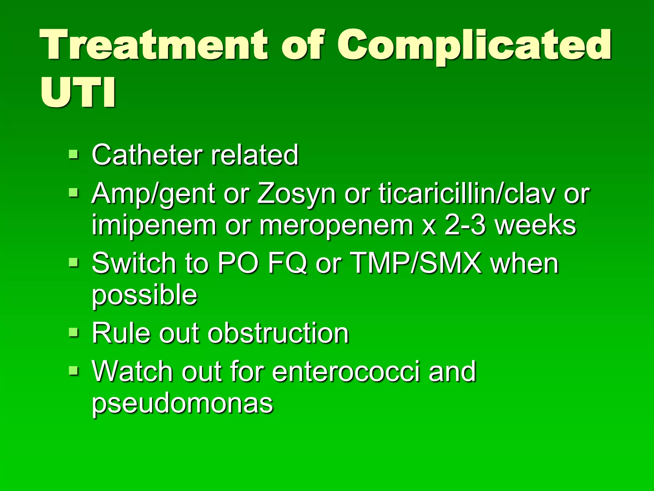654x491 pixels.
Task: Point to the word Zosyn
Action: [296, 194]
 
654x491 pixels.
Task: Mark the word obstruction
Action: [278, 333]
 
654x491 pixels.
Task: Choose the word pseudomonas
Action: [182, 403]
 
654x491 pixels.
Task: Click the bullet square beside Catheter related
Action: [73, 155]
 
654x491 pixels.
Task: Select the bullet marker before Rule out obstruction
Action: [73, 332]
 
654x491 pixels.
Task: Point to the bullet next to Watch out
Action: [73, 370]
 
